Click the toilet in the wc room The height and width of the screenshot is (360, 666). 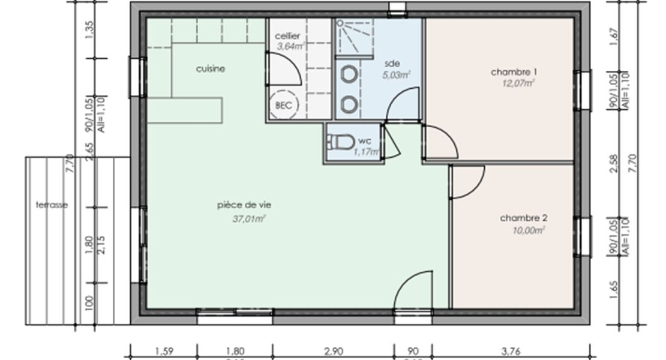tap(340, 143)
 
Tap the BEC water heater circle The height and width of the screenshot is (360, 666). tap(283, 105)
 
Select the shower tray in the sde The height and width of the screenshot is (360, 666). tap(354, 36)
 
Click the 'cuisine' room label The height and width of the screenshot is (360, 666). tap(211, 69)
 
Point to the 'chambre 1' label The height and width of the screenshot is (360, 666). tap(514, 72)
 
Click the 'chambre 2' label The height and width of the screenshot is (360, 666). tap(523, 218)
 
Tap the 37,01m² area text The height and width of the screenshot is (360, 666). tap(249, 219)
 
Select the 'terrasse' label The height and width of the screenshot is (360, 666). tap(52, 205)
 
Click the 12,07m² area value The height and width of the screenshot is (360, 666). tap(518, 84)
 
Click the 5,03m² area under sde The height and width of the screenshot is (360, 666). tap(396, 75)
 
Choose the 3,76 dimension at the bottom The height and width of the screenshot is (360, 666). tap(511, 351)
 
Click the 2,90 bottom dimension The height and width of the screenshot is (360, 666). tap(333, 351)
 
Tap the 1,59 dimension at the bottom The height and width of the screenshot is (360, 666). tap(164, 351)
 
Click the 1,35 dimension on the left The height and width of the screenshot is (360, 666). tap(91, 30)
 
